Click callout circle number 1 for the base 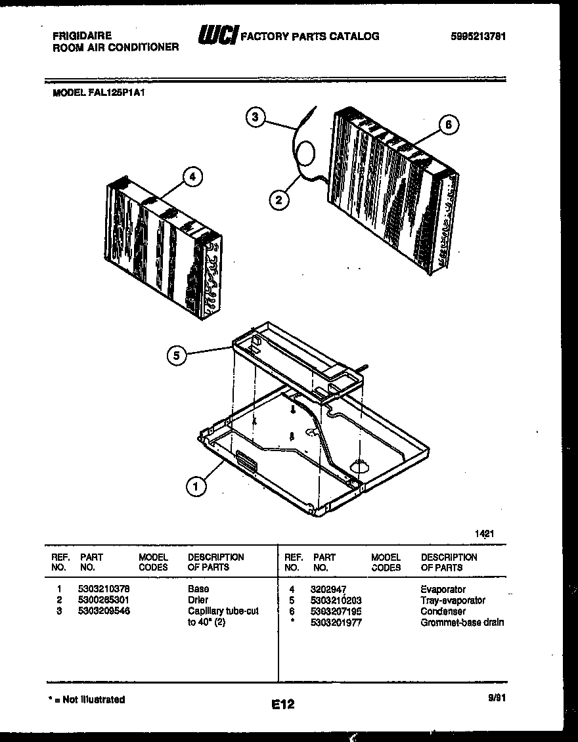tap(195, 487)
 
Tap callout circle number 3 tap(256, 118)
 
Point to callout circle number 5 tap(175, 355)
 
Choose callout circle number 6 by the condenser tap(448, 125)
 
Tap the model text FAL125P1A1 tap(99, 93)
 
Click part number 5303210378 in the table tap(104, 589)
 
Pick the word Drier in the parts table tap(198, 600)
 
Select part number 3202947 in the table tap(328, 590)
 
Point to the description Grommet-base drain tap(462, 622)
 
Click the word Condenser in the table tap(443, 611)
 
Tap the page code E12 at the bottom tap(282, 705)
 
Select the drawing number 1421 tap(483, 534)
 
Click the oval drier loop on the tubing tap(305, 153)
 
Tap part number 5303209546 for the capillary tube tap(104, 611)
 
